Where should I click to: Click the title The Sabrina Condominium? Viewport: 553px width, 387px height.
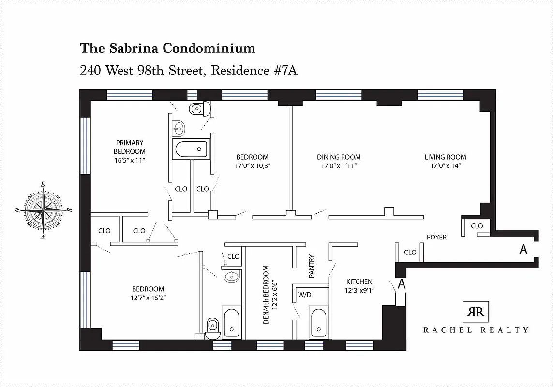coord(167,48)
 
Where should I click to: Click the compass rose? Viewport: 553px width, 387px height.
coord(43,211)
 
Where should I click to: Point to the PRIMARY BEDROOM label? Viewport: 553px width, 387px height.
coord(129,147)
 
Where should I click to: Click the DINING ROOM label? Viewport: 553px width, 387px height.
coord(339,157)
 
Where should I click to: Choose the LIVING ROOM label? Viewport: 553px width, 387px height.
coord(445,157)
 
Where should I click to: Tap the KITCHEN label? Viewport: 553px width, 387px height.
coord(359,282)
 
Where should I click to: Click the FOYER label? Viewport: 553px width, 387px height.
coord(436,238)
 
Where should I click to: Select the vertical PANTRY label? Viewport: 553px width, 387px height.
coord(312,266)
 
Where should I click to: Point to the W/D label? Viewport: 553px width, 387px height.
coord(304,294)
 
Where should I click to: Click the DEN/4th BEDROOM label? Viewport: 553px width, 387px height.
coord(266,295)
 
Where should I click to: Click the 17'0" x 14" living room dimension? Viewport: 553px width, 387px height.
coord(445,166)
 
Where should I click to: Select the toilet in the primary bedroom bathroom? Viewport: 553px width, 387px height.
coord(198,109)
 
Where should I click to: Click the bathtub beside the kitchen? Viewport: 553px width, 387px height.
coord(318,323)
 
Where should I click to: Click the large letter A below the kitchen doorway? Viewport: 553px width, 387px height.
coord(401,284)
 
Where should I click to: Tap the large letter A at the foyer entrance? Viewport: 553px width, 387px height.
coord(523,250)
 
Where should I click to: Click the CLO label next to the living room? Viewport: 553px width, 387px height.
coord(477,226)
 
